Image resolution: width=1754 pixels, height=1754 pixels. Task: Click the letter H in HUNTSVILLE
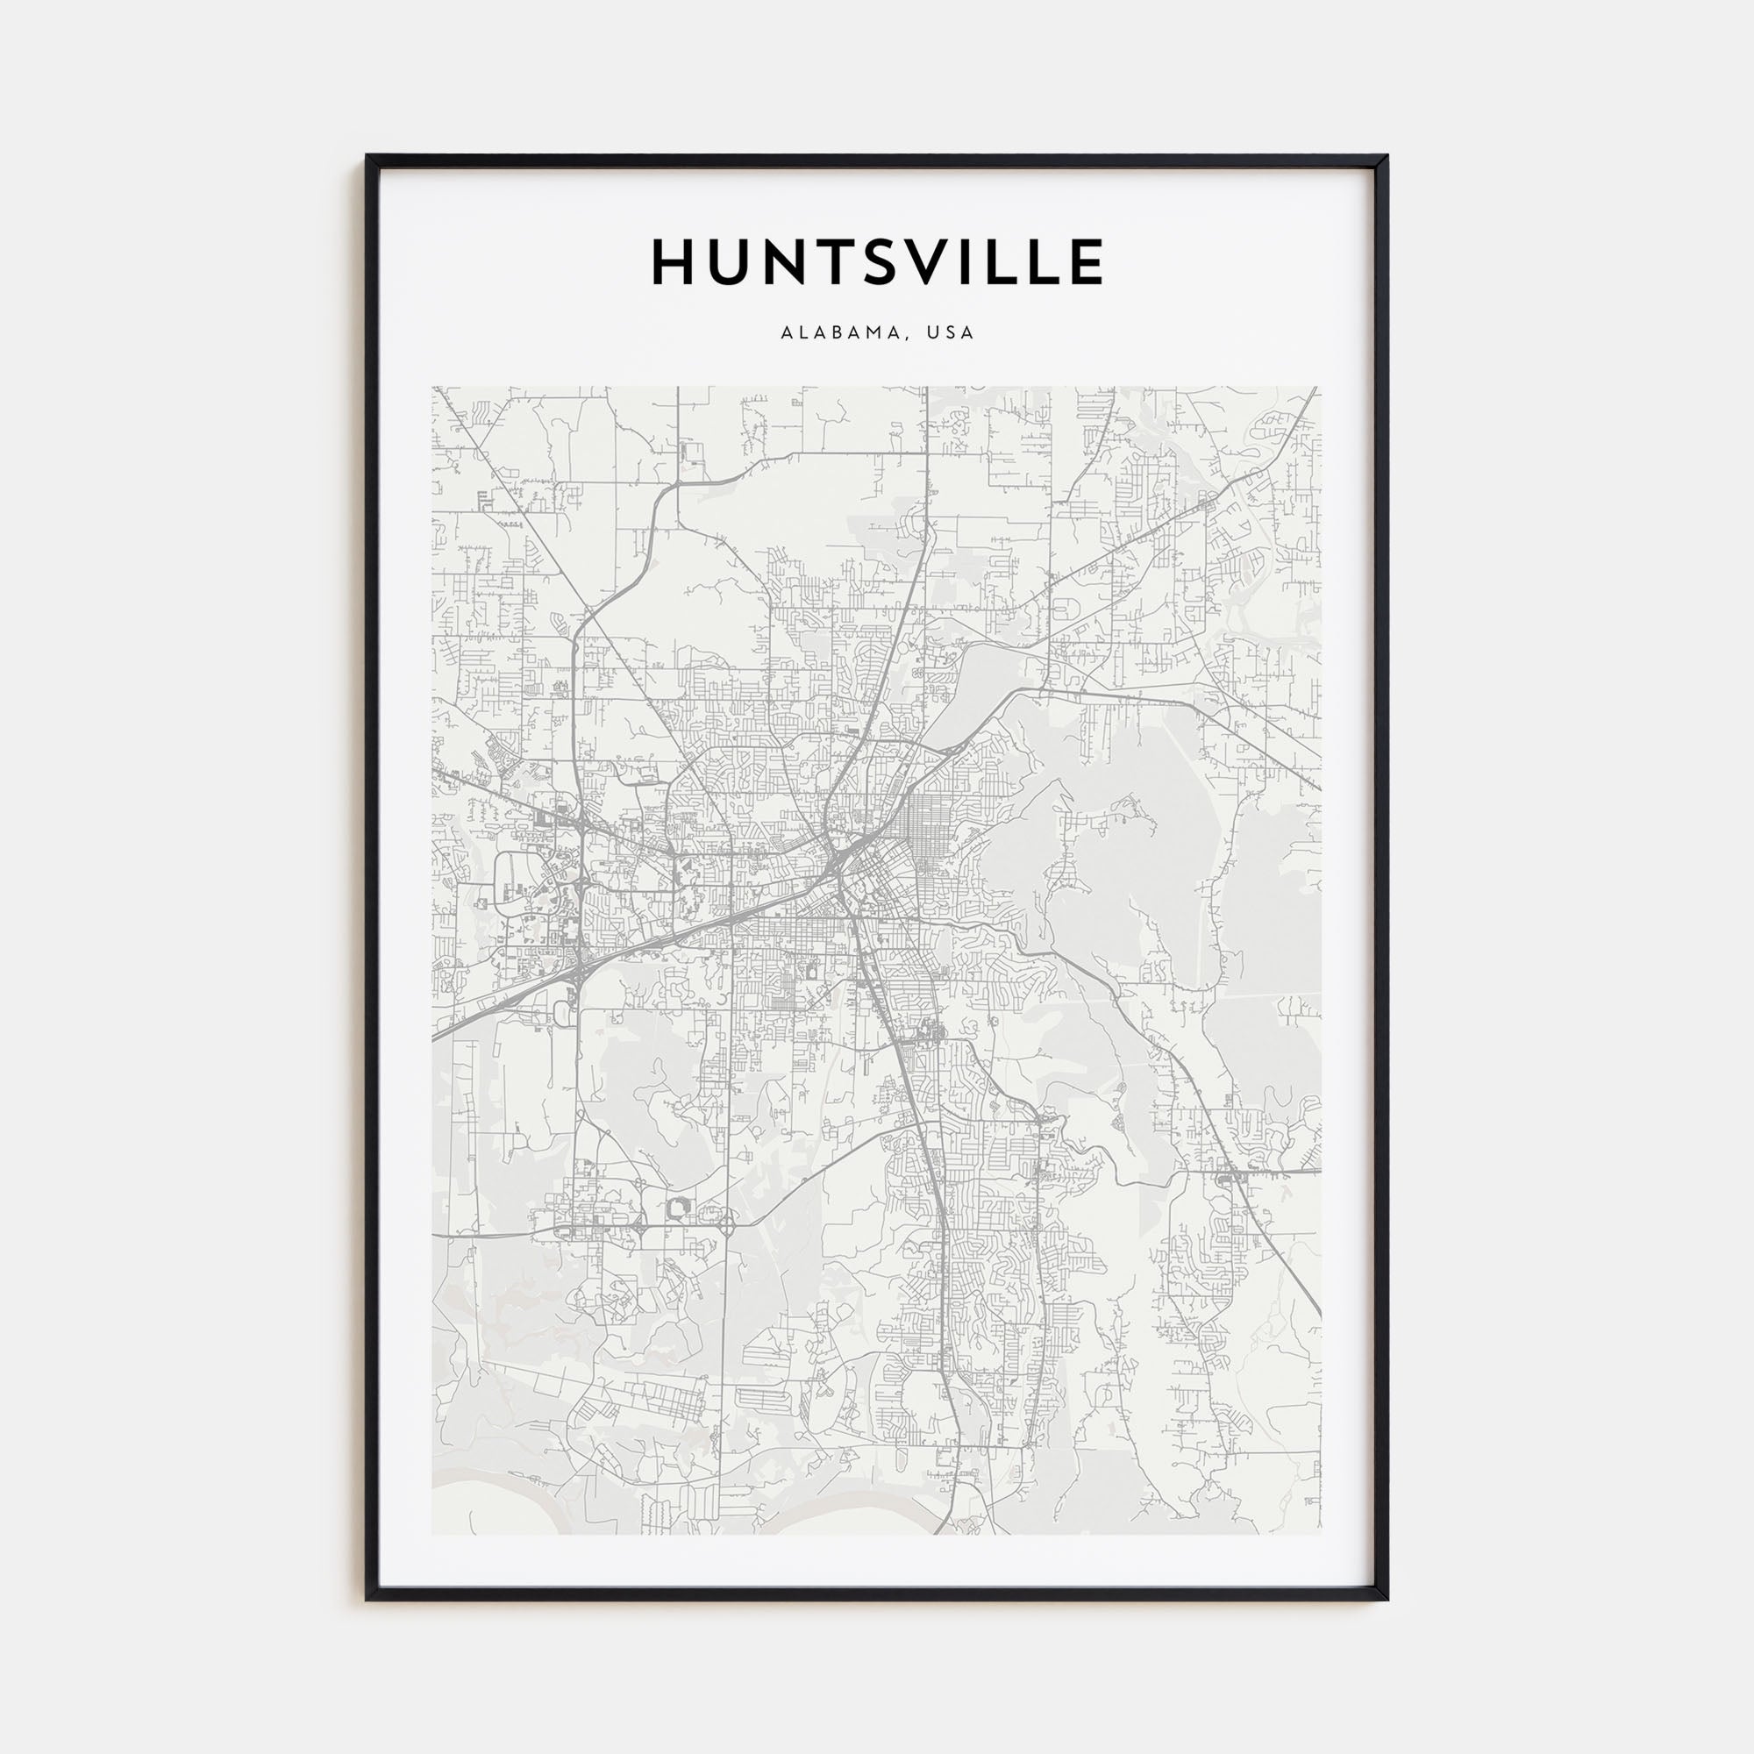tap(674, 262)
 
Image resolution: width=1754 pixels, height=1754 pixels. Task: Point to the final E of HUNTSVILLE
tap(1086, 262)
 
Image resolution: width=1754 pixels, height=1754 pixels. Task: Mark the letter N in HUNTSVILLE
tap(769, 262)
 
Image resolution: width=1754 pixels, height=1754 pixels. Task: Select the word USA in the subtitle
tap(950, 333)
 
